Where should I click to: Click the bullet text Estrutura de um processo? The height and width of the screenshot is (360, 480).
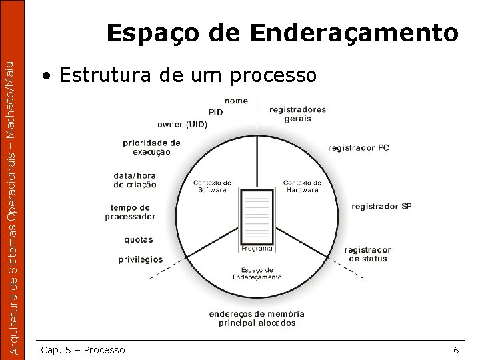pyautogui.click(x=187, y=75)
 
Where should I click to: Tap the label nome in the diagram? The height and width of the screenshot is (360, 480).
pyautogui.click(x=236, y=101)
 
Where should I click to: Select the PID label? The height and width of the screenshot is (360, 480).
pyautogui.click(x=216, y=112)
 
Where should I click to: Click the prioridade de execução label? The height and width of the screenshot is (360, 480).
pyautogui.click(x=151, y=147)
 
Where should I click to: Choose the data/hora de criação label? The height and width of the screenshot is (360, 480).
pyautogui.click(x=135, y=180)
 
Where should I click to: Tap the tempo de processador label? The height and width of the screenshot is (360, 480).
pyautogui.click(x=130, y=212)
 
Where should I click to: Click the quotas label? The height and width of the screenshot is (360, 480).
pyautogui.click(x=139, y=239)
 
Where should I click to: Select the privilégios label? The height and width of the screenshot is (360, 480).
pyautogui.click(x=141, y=259)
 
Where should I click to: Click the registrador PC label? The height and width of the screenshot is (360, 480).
pyautogui.click(x=359, y=147)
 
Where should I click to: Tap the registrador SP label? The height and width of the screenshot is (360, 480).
pyautogui.click(x=381, y=206)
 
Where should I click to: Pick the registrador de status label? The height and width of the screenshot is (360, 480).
pyautogui.click(x=367, y=254)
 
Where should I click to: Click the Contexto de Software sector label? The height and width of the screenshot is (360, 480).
pyautogui.click(x=212, y=186)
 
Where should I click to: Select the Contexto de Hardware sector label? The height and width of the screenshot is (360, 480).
pyautogui.click(x=302, y=186)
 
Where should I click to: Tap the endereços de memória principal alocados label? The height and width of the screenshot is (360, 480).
pyautogui.click(x=257, y=318)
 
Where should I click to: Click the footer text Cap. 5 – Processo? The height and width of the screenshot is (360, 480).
pyautogui.click(x=83, y=350)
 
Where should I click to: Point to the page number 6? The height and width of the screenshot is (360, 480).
pyautogui.click(x=455, y=350)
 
